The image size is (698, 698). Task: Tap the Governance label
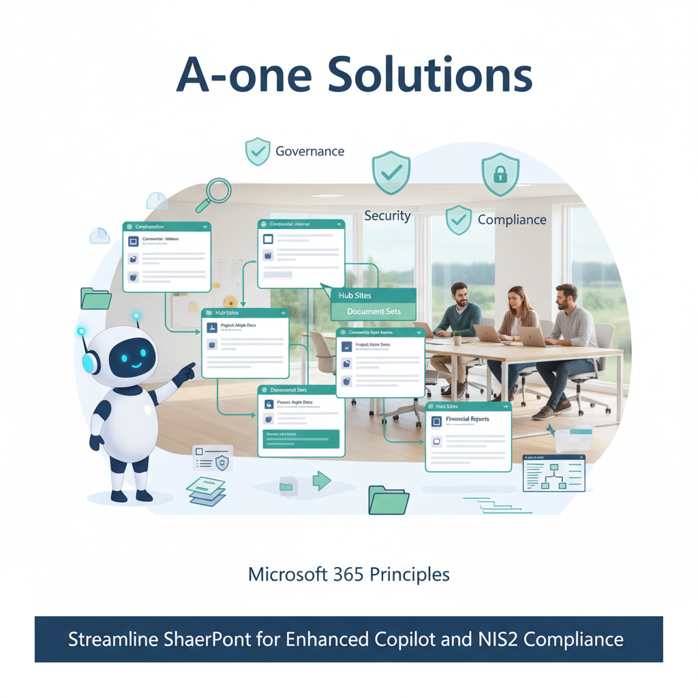309,151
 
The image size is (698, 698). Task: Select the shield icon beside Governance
258,151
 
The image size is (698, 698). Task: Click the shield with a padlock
500,174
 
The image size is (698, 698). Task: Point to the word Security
387,216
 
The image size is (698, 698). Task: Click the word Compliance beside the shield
512,219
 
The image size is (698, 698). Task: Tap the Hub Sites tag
354,296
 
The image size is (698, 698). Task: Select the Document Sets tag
374,312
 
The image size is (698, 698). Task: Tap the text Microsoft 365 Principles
349,574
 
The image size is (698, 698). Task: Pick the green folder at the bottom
388,500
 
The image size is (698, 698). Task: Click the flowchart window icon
553,473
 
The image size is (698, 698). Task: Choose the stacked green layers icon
207,491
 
